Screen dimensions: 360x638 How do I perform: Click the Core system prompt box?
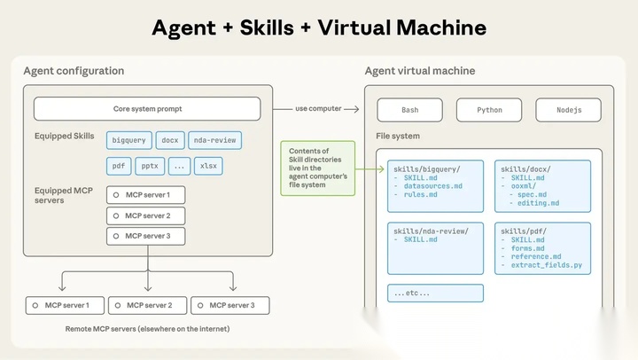pos(147,109)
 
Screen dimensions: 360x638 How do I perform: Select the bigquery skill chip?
pos(129,140)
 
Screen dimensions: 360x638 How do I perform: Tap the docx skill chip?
pos(169,140)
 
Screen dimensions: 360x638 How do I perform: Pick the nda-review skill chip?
pos(214,140)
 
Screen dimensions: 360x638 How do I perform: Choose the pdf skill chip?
pos(118,166)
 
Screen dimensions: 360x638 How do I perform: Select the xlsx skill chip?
pos(207,166)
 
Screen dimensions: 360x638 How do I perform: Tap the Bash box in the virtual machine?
pos(409,110)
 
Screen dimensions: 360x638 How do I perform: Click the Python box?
pos(489,110)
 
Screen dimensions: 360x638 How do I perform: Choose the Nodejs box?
pos(569,110)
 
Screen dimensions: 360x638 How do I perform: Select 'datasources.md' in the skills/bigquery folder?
pos(433,186)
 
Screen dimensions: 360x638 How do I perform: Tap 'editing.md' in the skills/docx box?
pos(541,203)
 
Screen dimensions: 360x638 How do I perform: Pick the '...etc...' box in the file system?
pos(435,293)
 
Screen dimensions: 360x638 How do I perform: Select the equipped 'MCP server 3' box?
pos(145,236)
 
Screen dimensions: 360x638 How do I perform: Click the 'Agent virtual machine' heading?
pos(420,71)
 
